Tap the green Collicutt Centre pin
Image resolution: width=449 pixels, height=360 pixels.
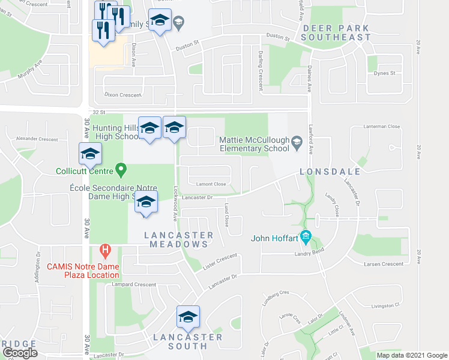click(x=121, y=171)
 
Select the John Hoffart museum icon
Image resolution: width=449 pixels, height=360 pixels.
click(x=306, y=238)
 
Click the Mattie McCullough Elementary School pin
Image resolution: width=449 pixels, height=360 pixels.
click(x=296, y=142)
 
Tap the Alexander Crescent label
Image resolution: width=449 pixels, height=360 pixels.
click(x=37, y=139)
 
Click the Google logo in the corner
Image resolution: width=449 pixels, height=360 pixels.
click(x=20, y=353)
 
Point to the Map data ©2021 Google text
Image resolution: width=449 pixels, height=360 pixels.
click(x=411, y=355)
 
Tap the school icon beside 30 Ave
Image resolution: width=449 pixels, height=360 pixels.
click(x=90, y=154)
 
